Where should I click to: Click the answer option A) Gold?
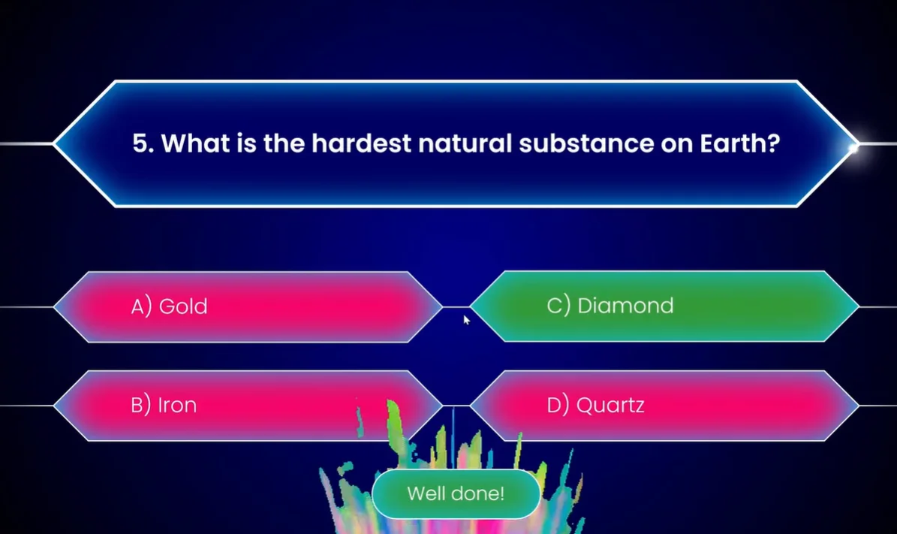[248, 306]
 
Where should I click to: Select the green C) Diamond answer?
[664, 306]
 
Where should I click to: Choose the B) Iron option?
[248, 406]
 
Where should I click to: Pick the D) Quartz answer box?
[664, 406]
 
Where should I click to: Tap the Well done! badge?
[456, 494]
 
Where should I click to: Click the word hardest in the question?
[361, 143]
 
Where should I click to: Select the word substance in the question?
[585, 143]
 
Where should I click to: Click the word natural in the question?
[465, 143]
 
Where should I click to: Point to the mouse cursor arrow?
[466, 320]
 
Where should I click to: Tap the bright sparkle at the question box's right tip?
[853, 148]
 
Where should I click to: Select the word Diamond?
[625, 306]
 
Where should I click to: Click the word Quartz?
[610, 406]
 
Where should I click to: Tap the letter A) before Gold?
[141, 306]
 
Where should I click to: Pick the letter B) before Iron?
[140, 406]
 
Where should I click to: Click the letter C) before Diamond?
[558, 306]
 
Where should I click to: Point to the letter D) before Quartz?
[558, 406]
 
